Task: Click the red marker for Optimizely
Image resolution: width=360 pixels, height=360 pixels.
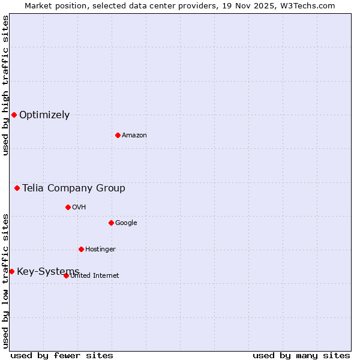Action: click(14, 115)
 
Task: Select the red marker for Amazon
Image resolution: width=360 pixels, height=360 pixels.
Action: click(118, 135)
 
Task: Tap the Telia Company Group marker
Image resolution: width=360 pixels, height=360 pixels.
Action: click(17, 188)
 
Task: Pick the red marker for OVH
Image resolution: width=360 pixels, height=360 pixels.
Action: click(68, 207)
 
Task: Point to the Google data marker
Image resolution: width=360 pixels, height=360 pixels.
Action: click(111, 223)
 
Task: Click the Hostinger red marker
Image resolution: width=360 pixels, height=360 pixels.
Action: click(81, 249)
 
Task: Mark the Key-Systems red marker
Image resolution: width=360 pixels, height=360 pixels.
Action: click(11, 271)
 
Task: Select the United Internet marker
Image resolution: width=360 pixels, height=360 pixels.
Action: click(66, 275)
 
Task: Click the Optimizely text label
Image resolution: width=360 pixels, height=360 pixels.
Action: click(44, 115)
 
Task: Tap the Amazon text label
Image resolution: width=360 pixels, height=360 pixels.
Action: click(134, 136)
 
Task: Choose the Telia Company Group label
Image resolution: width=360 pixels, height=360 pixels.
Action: click(74, 188)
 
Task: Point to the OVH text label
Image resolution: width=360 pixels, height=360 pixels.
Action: click(79, 208)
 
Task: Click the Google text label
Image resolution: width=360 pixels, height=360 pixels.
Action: click(126, 223)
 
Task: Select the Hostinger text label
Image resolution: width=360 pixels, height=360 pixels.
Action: click(100, 250)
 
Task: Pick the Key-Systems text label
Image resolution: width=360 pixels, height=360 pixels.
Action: click(48, 272)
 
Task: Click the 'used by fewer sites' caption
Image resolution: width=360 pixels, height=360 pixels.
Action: click(62, 355)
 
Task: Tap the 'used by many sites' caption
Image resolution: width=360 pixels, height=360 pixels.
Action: click(301, 355)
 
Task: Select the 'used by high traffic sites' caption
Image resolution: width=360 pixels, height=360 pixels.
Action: click(5, 85)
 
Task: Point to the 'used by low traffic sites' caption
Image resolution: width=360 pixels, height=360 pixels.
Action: click(5, 281)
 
